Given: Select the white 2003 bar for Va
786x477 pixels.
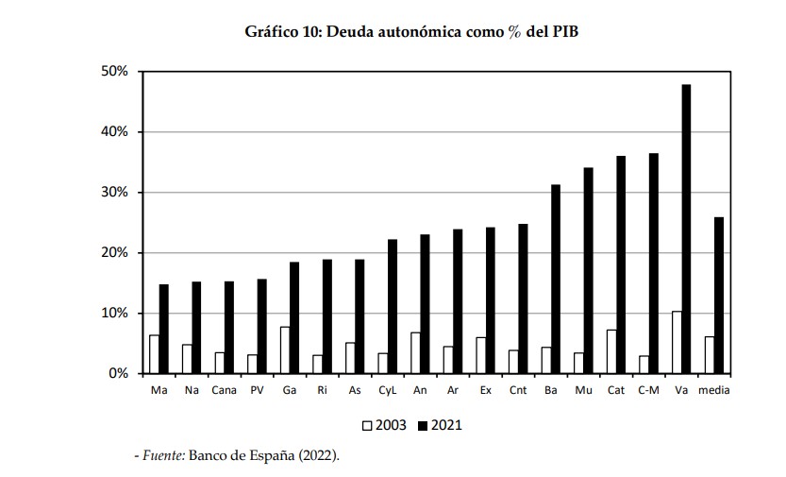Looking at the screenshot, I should (x=676, y=342).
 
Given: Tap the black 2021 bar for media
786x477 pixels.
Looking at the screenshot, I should (x=719, y=295).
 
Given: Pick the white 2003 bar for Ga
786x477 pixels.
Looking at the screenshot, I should (x=285, y=349).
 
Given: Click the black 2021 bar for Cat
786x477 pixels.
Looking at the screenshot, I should (x=621, y=264).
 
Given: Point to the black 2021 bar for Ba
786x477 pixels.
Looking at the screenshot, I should (x=556, y=279).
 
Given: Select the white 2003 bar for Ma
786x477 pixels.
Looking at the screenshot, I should (x=154, y=354).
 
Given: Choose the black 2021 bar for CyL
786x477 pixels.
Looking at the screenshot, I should (x=393, y=306).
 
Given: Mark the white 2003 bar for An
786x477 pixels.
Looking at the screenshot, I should (x=415, y=352).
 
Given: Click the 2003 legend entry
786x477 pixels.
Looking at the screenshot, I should (x=385, y=425).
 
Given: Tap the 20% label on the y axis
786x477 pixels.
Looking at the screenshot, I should (x=115, y=253).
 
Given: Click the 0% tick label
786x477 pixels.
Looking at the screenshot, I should (x=119, y=374).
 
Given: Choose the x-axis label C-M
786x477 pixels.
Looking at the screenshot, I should (x=648, y=389).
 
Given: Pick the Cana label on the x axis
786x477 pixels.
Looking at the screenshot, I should (x=224, y=389).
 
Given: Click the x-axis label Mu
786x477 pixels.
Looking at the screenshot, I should (x=583, y=389).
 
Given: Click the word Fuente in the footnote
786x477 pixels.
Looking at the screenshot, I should (x=162, y=455).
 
